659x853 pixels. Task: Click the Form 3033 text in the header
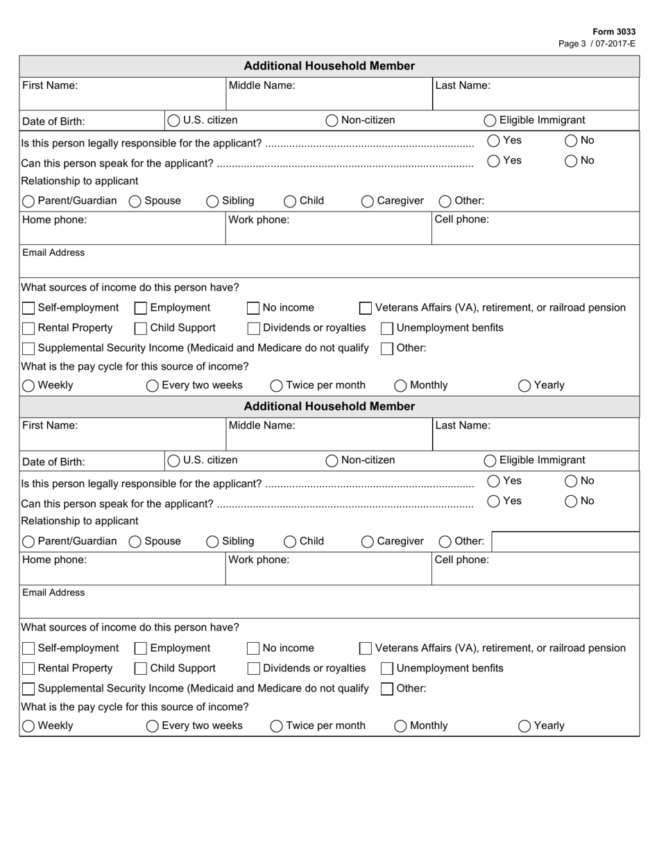point(614,32)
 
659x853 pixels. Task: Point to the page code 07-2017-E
point(613,43)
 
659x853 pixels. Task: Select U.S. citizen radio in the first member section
point(174,121)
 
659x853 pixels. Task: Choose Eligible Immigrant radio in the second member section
point(490,460)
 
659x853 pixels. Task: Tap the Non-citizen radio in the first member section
point(332,121)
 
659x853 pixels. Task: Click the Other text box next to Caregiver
point(565,542)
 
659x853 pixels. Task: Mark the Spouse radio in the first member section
point(135,201)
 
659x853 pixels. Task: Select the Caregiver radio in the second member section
point(368,542)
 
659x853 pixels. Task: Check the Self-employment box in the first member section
point(28,308)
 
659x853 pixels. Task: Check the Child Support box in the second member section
point(141,669)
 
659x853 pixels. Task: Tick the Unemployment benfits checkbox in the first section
point(387,328)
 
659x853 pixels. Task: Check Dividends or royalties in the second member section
point(254,669)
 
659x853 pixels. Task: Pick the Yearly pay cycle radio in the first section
point(524,386)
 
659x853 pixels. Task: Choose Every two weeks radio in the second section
point(153,726)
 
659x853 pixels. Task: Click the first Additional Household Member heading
point(329,66)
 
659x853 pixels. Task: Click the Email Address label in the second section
point(53,593)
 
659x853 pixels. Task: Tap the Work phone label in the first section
point(259,220)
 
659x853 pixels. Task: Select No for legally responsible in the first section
point(571,141)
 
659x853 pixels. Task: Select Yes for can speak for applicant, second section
point(493,501)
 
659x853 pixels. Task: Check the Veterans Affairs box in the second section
point(366,648)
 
